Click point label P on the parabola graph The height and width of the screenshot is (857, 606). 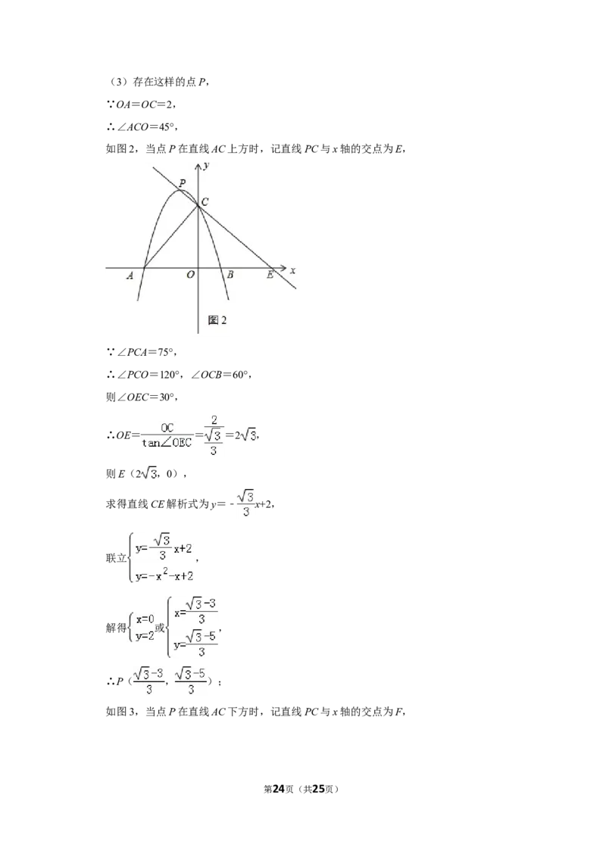(182, 182)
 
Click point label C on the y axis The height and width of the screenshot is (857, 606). (205, 202)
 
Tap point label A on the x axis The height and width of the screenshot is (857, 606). (130, 276)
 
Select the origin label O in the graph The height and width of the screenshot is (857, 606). (190, 275)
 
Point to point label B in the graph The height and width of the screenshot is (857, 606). (230, 275)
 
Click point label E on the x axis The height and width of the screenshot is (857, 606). (270, 275)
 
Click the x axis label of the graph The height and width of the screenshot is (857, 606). (293, 270)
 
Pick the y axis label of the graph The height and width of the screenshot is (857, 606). (207, 166)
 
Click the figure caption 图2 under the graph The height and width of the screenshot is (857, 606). (217, 320)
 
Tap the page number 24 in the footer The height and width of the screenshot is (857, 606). (279, 789)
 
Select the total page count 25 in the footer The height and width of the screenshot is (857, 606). (317, 789)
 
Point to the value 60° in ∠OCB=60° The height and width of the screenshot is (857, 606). (241, 375)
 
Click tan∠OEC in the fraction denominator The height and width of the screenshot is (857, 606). (167, 443)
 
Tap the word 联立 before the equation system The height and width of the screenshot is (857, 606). (116, 558)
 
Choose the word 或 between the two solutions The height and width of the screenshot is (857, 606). (160, 628)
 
